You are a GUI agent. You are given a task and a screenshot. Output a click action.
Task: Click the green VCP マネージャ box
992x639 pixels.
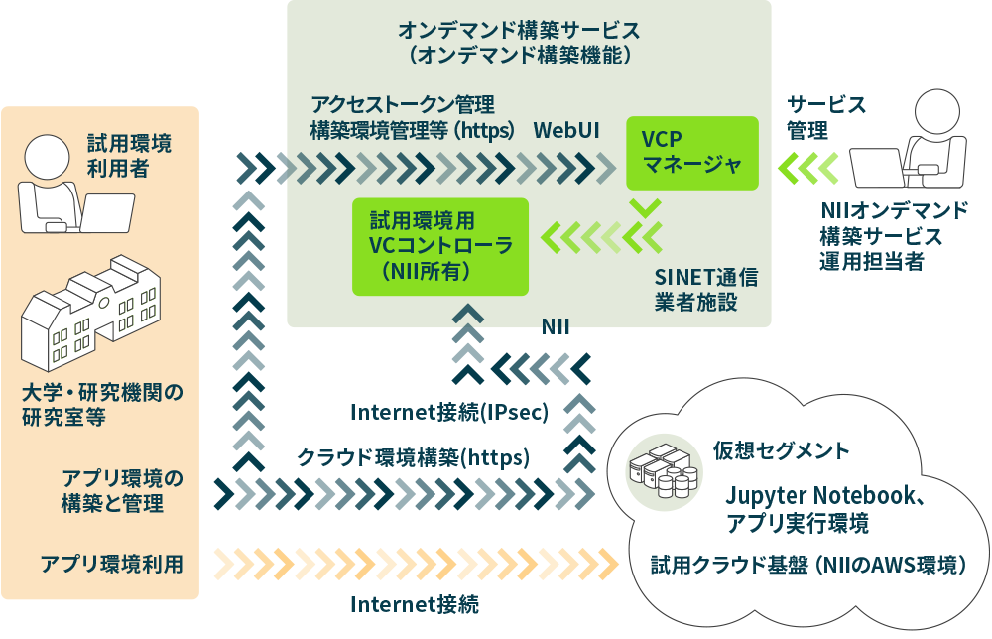(691, 153)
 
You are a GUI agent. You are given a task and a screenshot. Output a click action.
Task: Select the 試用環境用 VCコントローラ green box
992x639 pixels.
(440, 246)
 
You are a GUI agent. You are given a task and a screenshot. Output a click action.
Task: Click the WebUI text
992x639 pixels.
(566, 130)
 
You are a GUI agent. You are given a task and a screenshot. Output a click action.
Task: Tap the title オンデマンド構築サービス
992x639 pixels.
(519, 29)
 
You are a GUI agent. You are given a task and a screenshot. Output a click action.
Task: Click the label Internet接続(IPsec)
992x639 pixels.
(449, 412)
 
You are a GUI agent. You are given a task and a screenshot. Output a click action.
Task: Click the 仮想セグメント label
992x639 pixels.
(782, 450)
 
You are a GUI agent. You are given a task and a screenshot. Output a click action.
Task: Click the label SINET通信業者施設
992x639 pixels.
(706, 289)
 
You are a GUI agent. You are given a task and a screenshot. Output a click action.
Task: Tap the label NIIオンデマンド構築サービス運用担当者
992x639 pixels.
(894, 236)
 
